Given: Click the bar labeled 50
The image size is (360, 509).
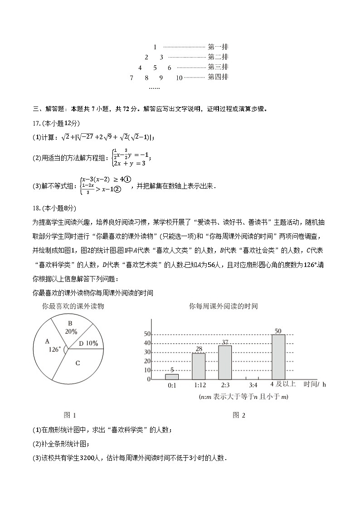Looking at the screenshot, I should point(278,356).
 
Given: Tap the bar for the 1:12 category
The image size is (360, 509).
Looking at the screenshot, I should point(198,366).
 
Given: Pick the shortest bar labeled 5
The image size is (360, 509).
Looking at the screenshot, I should point(172,376).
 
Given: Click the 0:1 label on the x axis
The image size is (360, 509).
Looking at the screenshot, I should point(172,385).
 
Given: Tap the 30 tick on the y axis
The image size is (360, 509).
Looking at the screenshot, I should point(147,352).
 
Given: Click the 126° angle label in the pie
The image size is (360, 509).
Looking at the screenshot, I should point(54,349).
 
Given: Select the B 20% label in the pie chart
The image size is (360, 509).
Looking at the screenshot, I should point(71,327).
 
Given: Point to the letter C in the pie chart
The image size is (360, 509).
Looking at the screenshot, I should point(78,363).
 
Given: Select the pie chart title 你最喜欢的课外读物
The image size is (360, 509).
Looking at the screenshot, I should point(73,306).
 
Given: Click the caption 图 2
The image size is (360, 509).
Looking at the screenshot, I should point(238,415).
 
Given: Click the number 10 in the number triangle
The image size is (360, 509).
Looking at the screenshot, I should point(179,78).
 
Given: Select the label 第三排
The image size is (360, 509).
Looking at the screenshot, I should point(218,67).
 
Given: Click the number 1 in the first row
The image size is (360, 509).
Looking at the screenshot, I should point(155,47).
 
